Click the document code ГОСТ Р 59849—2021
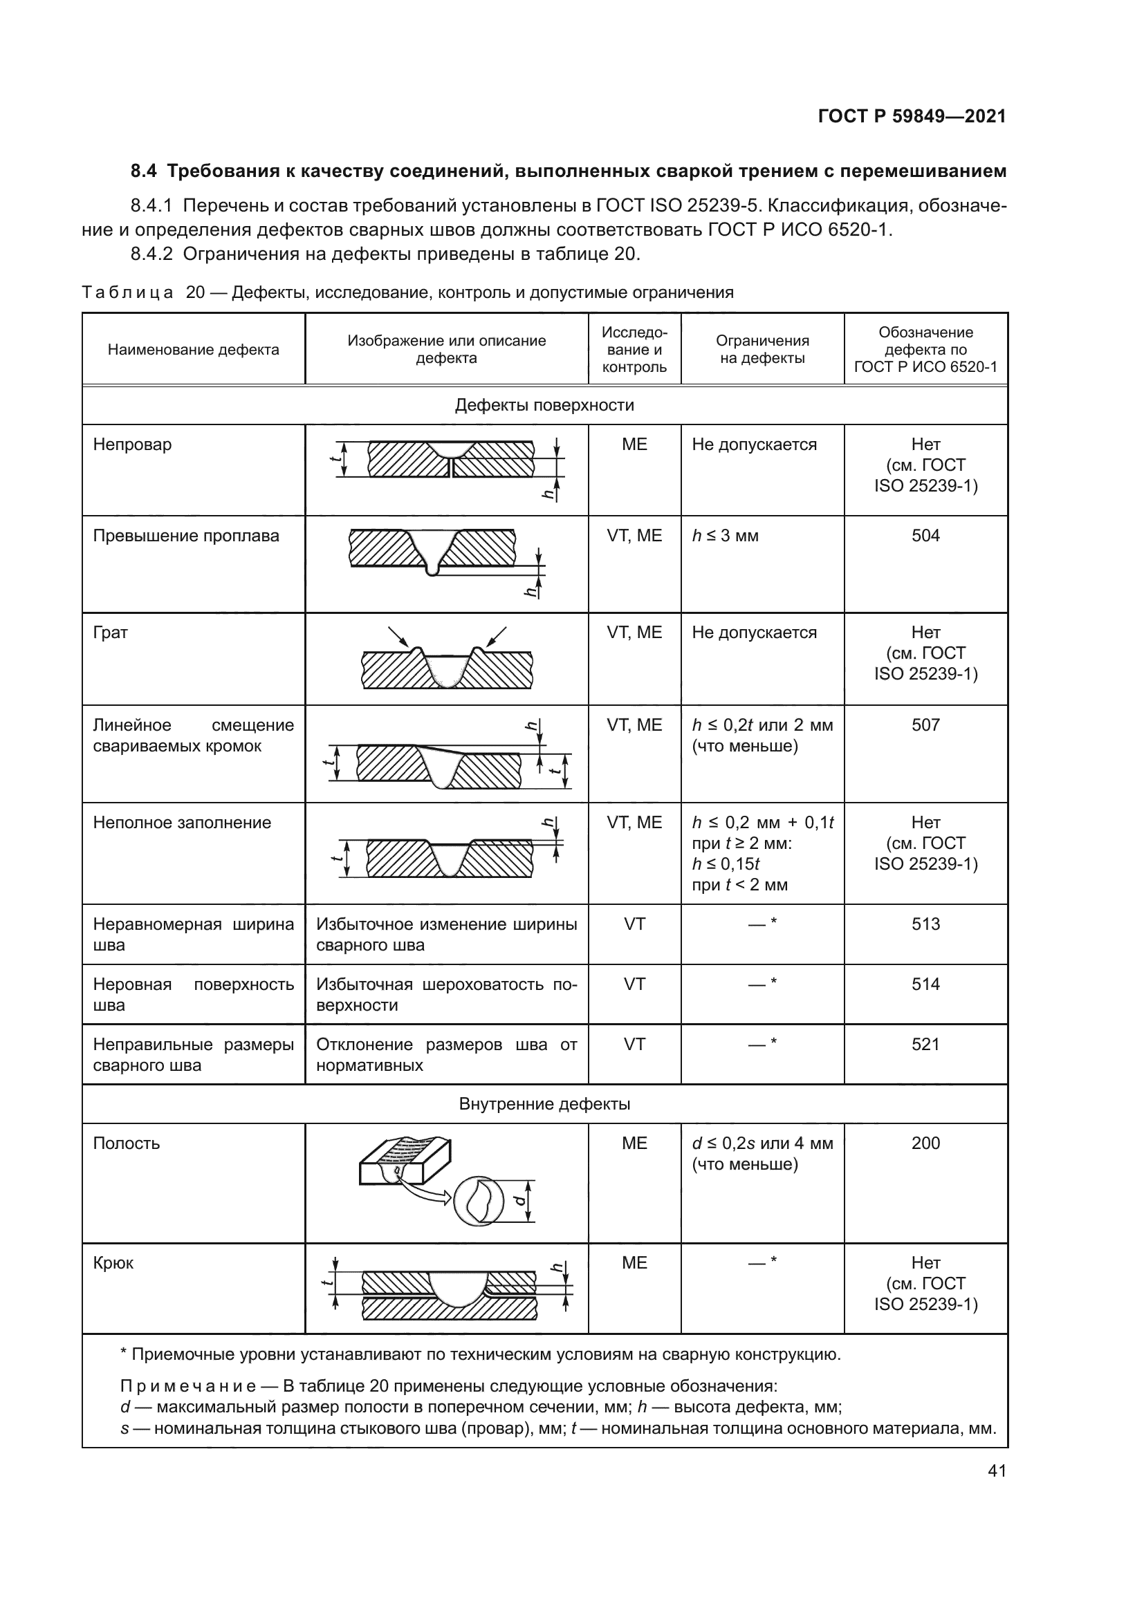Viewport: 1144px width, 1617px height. click(x=912, y=117)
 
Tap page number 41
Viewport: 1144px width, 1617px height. click(x=996, y=1470)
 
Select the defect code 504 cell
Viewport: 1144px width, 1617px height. click(x=925, y=536)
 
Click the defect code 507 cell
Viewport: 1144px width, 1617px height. click(x=925, y=725)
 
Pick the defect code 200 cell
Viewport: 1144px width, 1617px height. click(x=925, y=1143)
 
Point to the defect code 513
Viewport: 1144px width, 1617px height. click(x=925, y=924)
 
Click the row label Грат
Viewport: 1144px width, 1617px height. click(x=111, y=633)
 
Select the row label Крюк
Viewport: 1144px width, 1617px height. click(x=113, y=1263)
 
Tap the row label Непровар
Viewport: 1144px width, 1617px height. click(x=132, y=445)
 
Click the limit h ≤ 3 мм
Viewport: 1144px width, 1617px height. click(x=725, y=536)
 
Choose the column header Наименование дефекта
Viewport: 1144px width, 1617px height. click(x=193, y=350)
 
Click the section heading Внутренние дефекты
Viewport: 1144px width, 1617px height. click(x=544, y=1103)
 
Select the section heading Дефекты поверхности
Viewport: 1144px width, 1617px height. click(x=544, y=406)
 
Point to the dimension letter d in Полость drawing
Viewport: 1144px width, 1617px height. click(x=520, y=1200)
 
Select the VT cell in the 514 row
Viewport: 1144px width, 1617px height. click(x=634, y=984)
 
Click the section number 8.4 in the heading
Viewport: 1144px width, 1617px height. click(x=144, y=171)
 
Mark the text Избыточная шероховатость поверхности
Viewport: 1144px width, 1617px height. click(x=446, y=994)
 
